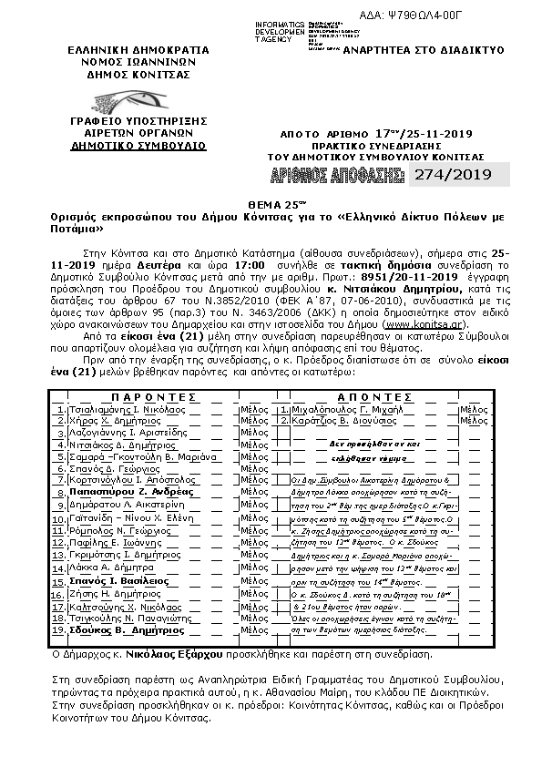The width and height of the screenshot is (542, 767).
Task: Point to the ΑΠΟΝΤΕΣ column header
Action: click(x=365, y=398)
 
